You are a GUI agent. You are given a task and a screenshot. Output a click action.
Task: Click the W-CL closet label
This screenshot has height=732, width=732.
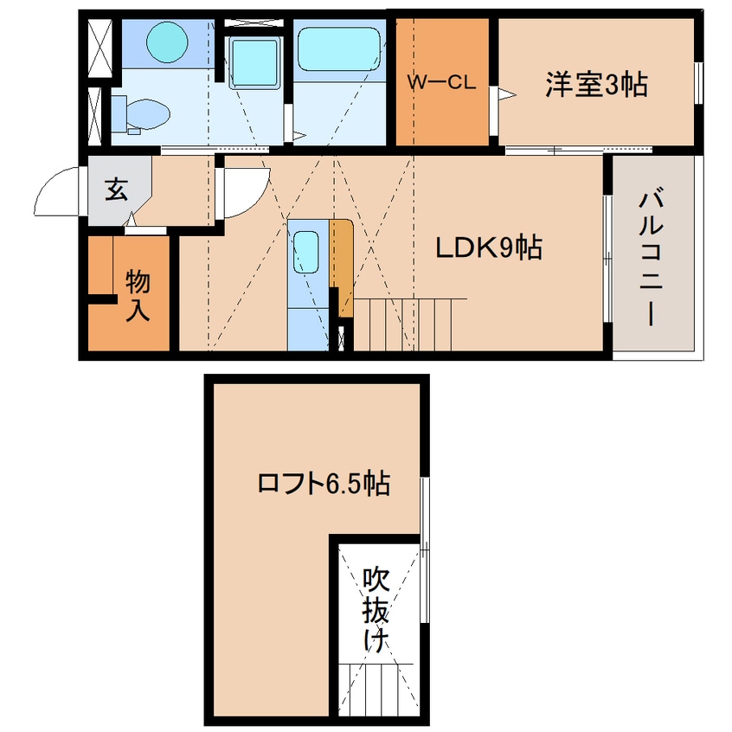point(441,82)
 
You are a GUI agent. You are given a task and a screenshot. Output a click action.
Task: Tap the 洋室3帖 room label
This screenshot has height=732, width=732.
point(597,85)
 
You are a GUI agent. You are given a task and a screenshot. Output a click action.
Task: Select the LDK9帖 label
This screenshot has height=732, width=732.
point(489,247)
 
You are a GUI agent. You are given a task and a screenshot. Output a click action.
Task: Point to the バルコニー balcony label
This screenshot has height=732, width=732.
point(651,256)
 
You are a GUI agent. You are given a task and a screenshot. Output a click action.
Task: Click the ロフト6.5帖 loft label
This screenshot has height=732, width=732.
point(324,483)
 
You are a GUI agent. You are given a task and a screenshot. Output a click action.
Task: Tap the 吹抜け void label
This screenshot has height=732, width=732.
point(376,609)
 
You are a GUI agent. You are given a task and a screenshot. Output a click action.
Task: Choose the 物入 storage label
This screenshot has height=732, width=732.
point(138,295)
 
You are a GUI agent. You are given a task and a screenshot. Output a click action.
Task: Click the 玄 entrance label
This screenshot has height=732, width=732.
point(116,189)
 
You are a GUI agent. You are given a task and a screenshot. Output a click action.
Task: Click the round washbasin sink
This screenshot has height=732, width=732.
point(167,42)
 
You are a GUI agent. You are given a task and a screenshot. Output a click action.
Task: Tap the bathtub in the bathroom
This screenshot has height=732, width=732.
point(339,49)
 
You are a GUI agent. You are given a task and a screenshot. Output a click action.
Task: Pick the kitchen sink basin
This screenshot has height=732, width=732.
point(305,252)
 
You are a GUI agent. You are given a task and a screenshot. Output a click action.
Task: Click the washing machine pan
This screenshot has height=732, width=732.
point(254,63)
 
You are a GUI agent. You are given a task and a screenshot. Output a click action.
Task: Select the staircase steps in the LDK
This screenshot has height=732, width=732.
point(403,324)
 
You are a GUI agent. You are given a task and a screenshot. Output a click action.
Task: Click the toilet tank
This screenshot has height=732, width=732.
point(119,113)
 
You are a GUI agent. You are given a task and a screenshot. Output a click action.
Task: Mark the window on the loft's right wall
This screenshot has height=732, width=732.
point(424,549)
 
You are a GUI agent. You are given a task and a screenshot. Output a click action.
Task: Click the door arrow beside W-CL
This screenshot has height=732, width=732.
point(506,95)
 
